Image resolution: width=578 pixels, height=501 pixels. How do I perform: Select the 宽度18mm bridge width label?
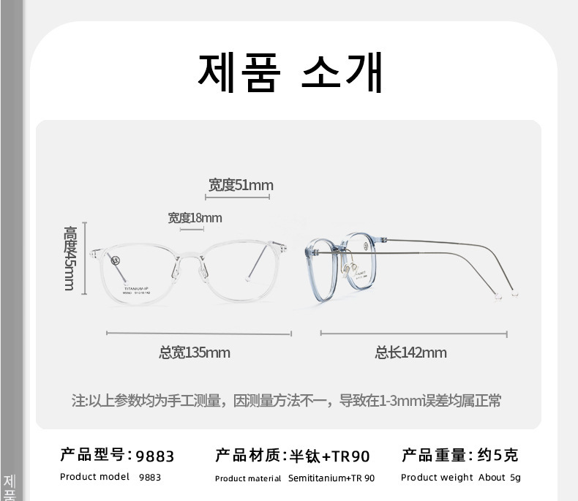tap(195, 218)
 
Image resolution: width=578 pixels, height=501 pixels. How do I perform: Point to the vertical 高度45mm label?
tap(70, 257)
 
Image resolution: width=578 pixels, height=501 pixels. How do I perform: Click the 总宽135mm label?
tap(194, 353)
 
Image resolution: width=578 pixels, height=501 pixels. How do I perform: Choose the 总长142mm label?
tap(410, 353)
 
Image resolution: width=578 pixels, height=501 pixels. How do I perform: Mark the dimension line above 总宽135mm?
tap(199, 334)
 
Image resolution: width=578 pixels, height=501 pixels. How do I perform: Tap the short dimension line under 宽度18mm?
tap(192, 230)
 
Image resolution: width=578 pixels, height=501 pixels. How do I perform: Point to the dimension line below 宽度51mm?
tap(238, 197)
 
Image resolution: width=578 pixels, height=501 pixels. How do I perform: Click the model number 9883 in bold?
tap(155, 456)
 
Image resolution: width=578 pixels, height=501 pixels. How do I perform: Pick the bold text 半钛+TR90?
tap(330, 456)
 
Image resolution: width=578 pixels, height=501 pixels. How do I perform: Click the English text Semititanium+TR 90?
tap(331, 478)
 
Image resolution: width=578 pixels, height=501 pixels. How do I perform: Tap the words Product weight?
tap(438, 478)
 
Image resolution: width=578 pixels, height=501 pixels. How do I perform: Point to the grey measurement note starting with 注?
tap(286, 401)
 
